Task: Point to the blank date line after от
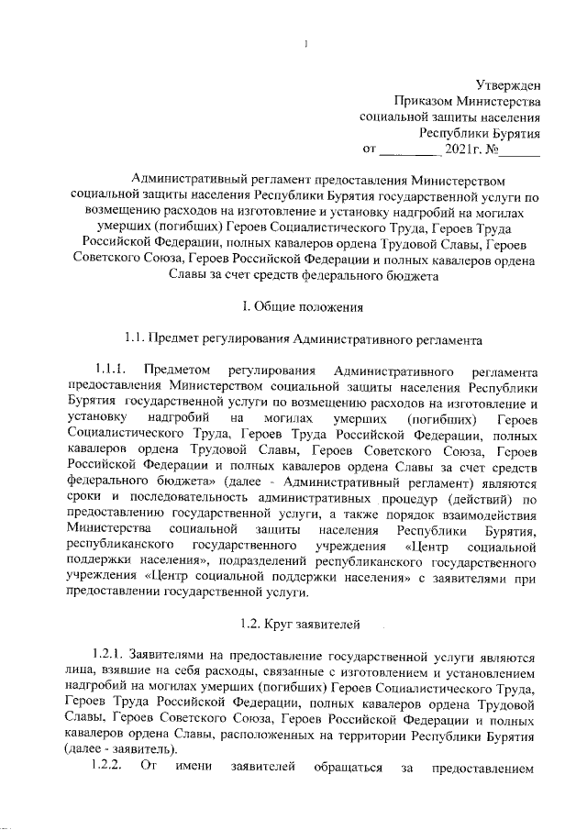(409, 148)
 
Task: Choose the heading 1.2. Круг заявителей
(293, 624)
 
